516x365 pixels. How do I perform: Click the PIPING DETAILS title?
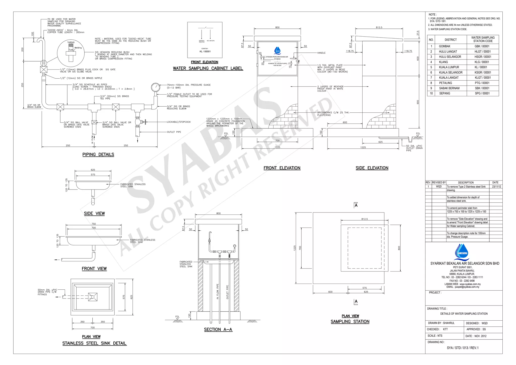tap(98, 155)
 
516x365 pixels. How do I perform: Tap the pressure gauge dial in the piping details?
tap(155, 87)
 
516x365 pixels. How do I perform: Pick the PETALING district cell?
tap(445, 83)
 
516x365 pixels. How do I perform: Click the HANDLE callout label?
tap(321, 53)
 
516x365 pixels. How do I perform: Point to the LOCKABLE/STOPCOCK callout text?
tap(179, 122)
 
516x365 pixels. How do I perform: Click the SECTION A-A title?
tap(218, 329)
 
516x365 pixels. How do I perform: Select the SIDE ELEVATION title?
tap(372, 168)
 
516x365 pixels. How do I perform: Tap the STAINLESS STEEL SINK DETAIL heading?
tap(94, 343)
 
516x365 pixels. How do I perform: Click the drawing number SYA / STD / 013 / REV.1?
tap(463, 348)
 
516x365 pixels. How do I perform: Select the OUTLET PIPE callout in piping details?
tap(174, 132)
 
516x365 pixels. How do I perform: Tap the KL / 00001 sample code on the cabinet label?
tap(205, 52)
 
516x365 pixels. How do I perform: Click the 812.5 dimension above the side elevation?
tap(379, 27)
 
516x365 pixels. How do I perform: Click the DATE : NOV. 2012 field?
tap(476, 336)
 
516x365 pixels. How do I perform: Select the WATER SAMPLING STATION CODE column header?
tap(483, 39)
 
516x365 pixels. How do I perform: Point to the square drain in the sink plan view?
tap(93, 297)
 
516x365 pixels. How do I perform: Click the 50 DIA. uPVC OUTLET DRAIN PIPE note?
tap(414, 148)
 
